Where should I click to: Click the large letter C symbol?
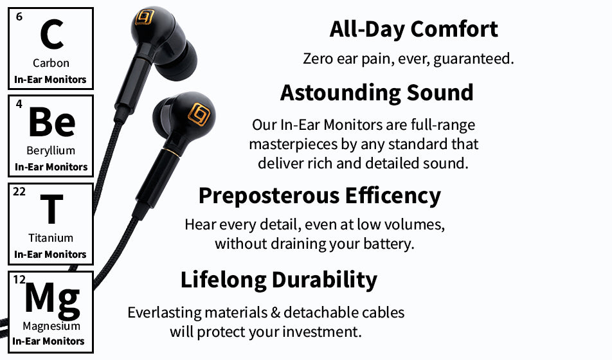tap(51, 34)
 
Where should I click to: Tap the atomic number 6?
tap(19, 17)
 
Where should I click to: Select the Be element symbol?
tap(52, 122)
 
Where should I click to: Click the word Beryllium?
tap(51, 150)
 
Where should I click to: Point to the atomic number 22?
tap(19, 192)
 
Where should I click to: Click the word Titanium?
tap(51, 238)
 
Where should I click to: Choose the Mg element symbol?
tap(53, 300)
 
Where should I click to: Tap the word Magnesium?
tap(51, 326)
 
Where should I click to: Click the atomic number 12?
tap(19, 280)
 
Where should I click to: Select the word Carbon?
tap(51, 63)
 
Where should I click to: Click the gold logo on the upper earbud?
tap(145, 17)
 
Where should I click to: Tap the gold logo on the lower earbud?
tap(199, 114)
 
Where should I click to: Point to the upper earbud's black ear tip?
tap(177, 62)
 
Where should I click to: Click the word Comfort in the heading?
tap(454, 29)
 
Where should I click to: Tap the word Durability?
tap(325, 280)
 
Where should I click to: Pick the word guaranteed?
tap(473, 59)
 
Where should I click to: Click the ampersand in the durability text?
tap(275, 312)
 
